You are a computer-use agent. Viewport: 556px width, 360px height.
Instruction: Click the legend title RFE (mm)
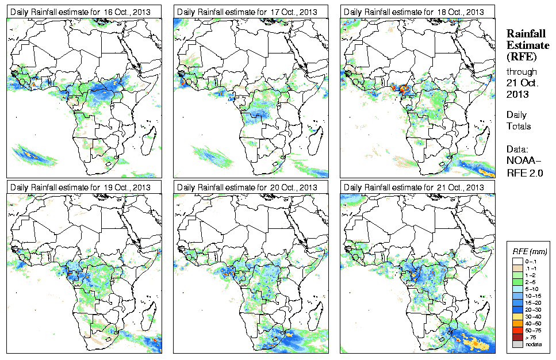(x=529, y=252)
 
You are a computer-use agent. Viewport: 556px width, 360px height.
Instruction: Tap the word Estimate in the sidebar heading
(x=526, y=45)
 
